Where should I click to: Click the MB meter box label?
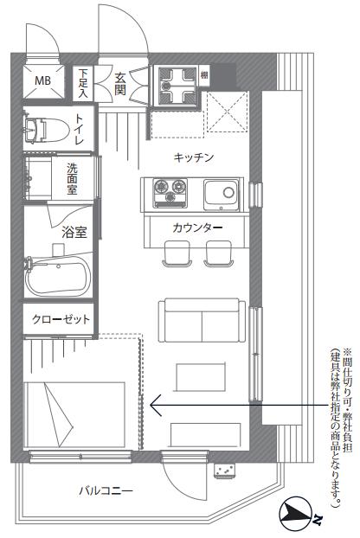43,80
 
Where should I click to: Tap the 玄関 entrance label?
120,84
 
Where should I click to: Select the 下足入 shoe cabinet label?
83,83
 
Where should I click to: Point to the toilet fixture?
46,130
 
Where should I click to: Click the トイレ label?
79,130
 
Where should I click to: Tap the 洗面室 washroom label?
72,178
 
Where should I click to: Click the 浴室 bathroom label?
74,233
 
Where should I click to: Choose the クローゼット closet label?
61,319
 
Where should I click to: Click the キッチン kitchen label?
194,157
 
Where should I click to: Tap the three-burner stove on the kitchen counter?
170,193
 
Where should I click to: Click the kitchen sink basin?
221,195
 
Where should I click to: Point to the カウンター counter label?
197,227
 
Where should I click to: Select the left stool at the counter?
177,253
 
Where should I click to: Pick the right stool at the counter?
218,253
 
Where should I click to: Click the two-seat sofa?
202,320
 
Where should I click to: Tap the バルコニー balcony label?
106,490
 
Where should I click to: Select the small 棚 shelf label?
204,74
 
